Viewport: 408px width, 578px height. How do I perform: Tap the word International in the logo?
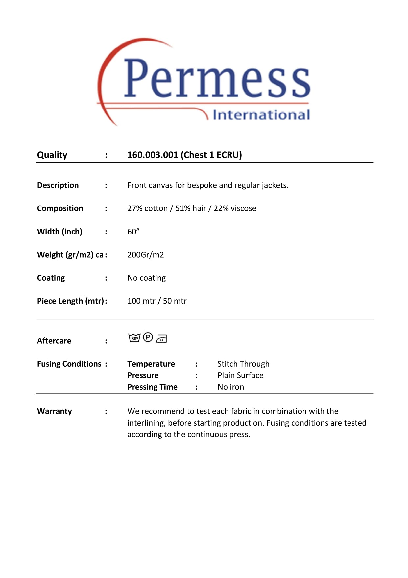(x=261, y=115)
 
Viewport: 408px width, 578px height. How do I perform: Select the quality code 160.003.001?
(x=153, y=155)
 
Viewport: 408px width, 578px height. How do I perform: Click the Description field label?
(x=58, y=185)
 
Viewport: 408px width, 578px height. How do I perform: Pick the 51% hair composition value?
(x=191, y=208)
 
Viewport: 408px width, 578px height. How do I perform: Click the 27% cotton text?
(x=147, y=208)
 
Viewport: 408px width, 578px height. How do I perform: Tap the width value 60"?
(x=133, y=232)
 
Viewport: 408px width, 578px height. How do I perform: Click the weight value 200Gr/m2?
(x=145, y=255)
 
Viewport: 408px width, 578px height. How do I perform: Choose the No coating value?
(x=146, y=278)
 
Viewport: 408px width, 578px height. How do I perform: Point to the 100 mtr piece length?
(x=141, y=301)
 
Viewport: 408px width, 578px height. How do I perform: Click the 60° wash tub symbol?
(x=134, y=338)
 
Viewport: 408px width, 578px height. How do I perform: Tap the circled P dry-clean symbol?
(x=148, y=337)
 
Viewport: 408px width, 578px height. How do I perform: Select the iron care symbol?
(x=162, y=338)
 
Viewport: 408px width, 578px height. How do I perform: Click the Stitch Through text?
(x=243, y=364)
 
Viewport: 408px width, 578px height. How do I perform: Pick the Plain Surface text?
(x=240, y=375)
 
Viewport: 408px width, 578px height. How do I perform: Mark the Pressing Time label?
(x=152, y=387)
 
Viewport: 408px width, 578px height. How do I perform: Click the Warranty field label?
(x=54, y=411)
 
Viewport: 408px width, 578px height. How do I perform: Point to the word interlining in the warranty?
(x=146, y=423)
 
